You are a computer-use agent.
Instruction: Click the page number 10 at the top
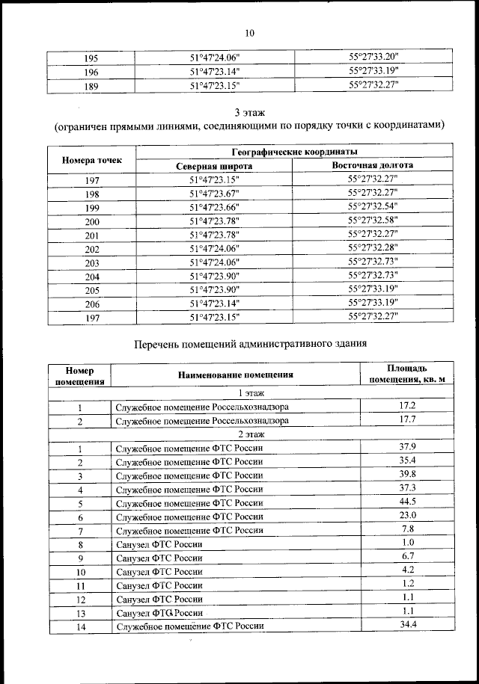pos(249,32)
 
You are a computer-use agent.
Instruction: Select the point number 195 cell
pos(91,58)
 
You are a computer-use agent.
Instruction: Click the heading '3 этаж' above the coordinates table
pos(249,112)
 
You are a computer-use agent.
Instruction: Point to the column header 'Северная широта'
pos(214,165)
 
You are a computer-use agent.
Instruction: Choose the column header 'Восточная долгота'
pos(373,165)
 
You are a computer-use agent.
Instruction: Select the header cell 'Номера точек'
pos(91,158)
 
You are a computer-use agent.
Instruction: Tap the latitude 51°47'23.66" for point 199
pos(214,207)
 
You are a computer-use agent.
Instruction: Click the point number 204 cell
pos(91,276)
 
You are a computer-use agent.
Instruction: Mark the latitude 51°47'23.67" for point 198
pos(214,194)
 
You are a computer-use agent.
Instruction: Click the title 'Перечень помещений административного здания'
pos(249,345)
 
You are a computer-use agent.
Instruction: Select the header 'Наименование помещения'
pos(236,375)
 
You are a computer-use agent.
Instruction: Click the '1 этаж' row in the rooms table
pos(249,392)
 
